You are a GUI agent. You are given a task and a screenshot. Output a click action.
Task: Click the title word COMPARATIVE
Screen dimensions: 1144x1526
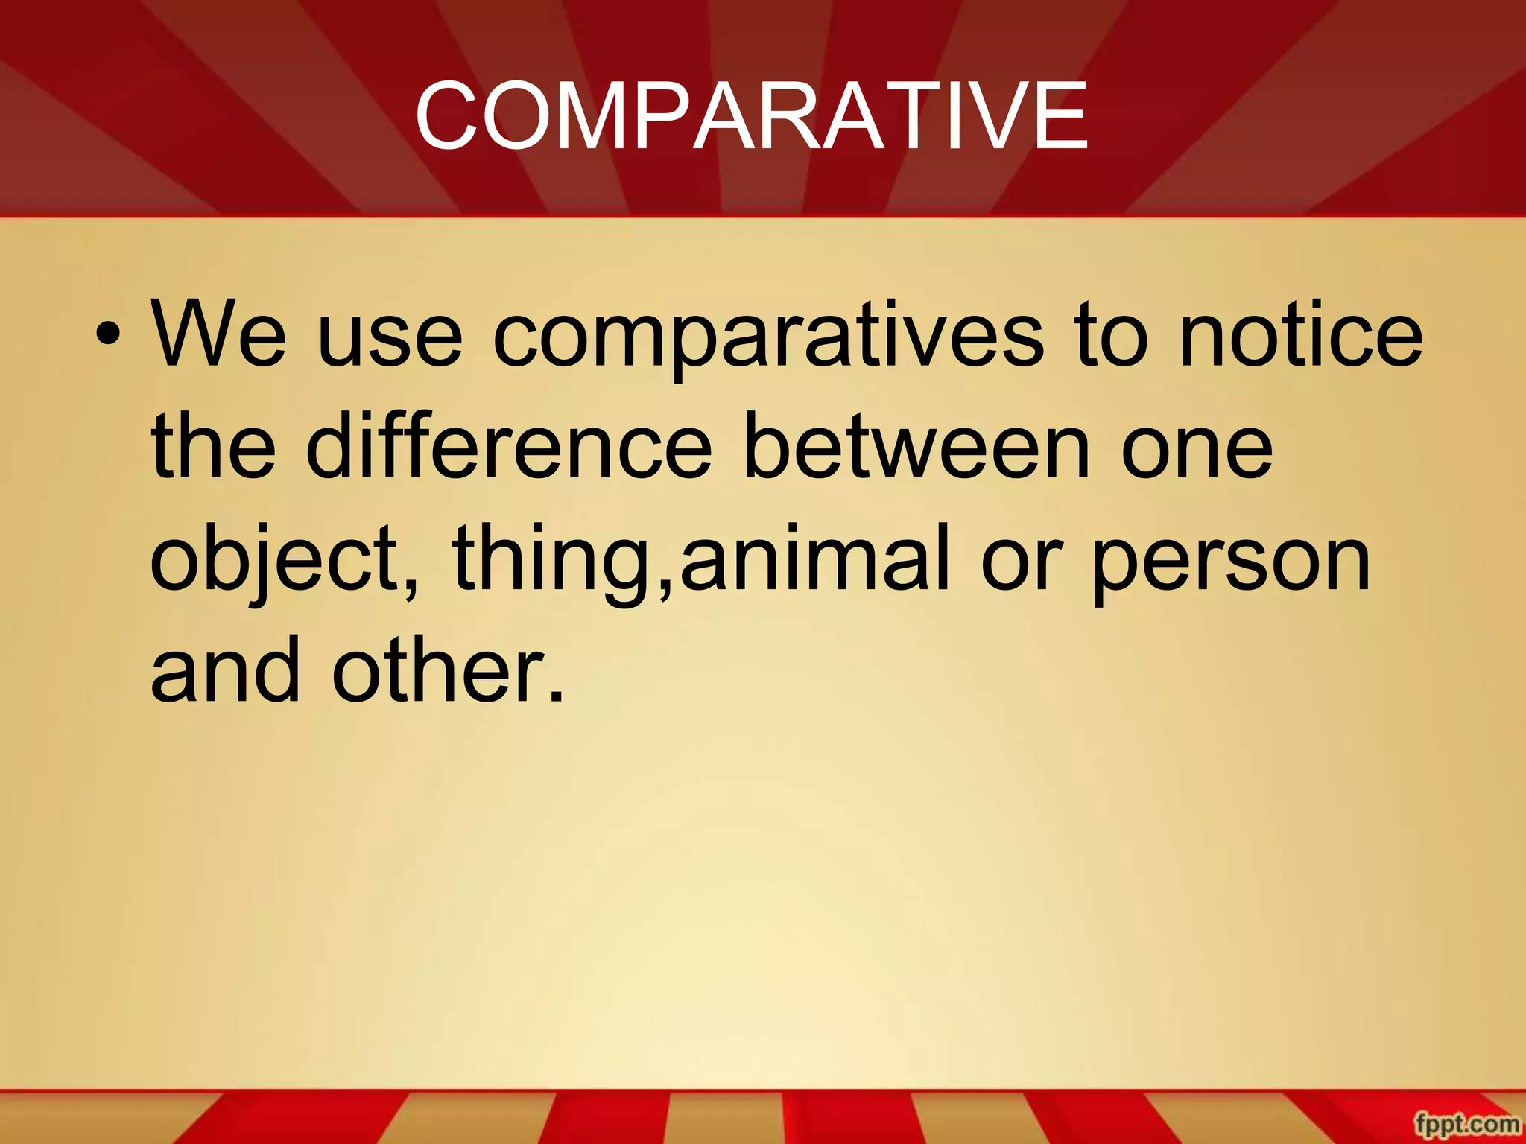[x=751, y=117]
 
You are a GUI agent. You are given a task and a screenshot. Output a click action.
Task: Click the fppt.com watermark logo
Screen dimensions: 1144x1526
[x=1466, y=1124]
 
